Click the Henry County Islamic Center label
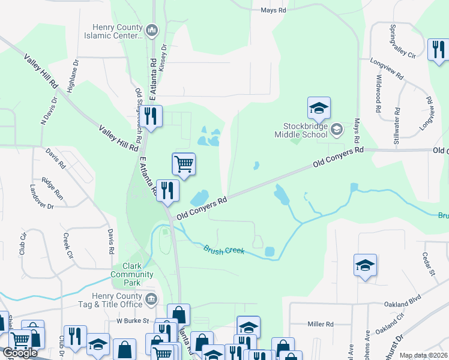[118, 31]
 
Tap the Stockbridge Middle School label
[306, 130]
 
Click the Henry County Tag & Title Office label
[117, 300]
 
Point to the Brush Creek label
[223, 249]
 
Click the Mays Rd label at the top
[273, 10]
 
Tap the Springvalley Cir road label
[394, 41]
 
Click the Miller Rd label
[320, 324]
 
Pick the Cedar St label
[428, 263]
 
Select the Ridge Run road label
[53, 188]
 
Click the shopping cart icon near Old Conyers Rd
[184, 163]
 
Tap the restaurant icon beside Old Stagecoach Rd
[150, 116]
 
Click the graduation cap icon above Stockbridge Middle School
[319, 109]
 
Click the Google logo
[19, 353]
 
